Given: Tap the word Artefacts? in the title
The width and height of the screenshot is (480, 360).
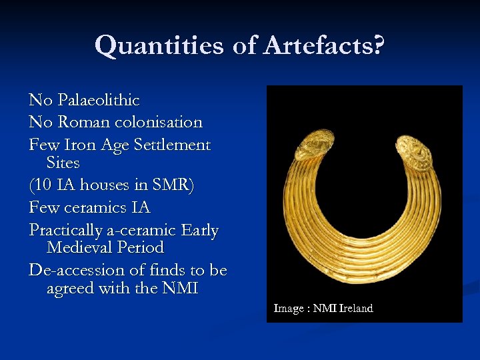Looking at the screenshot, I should (x=324, y=46).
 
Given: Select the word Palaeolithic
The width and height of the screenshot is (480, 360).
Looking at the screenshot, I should (x=98, y=101).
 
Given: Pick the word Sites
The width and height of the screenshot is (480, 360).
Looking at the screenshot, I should (x=63, y=163).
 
